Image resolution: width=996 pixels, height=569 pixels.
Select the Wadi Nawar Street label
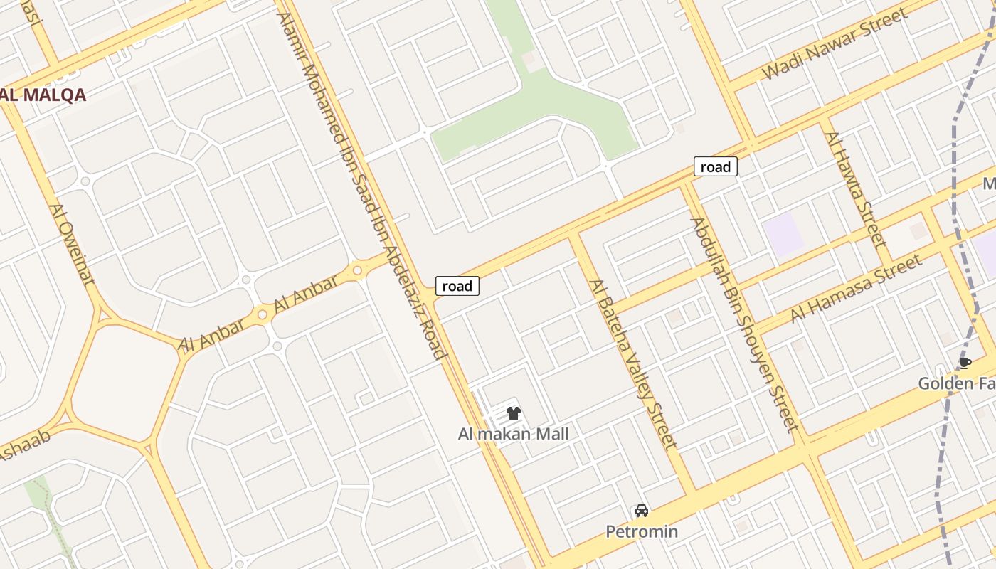835,44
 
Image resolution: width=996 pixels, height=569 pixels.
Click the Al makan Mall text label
513,434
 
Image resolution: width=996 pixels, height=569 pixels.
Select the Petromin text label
642,531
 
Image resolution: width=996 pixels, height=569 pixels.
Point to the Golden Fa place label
956,384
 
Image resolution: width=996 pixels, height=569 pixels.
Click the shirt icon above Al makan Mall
514,413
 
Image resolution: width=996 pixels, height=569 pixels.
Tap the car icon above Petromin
642,511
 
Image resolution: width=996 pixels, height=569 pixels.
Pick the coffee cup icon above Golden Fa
965,363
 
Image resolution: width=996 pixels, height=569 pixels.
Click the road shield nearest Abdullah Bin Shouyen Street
715,167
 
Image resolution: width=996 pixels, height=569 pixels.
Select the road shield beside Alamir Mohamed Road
457,286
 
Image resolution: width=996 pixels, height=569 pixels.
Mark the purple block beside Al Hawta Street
783,233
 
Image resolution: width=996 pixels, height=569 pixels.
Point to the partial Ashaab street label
24,444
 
